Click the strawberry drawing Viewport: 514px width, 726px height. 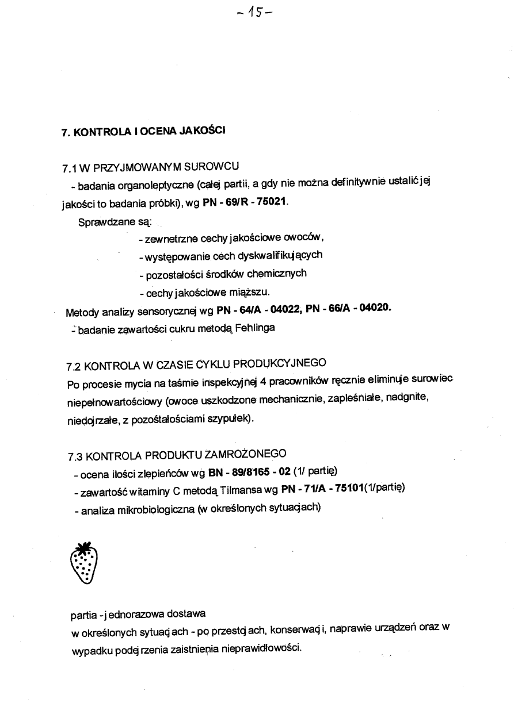tap(83, 563)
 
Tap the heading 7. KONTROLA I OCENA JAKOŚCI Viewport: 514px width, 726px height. tap(143, 131)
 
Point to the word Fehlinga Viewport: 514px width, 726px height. tap(255, 328)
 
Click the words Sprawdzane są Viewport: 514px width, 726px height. tap(113, 221)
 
